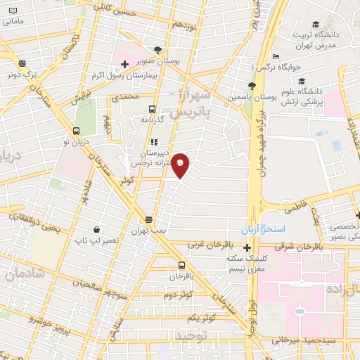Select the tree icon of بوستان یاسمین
pos(242,85)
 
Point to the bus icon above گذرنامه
pos(152,108)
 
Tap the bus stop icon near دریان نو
pos(76,130)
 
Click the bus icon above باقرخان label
pos(182,265)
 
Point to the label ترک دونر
pos(21,73)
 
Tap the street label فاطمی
pos(297,208)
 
